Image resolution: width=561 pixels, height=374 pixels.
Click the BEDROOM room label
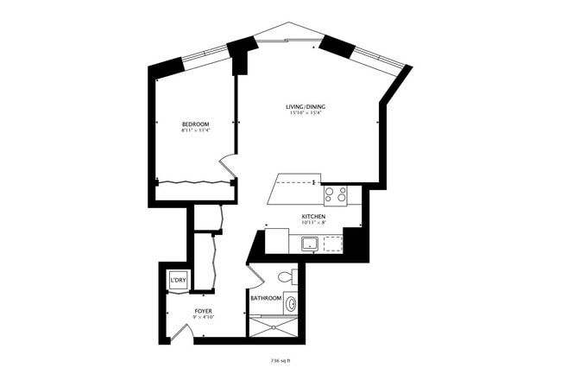tap(195, 124)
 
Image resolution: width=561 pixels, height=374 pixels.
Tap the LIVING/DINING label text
tap(306, 107)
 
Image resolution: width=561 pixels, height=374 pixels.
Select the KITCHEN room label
tap(312, 216)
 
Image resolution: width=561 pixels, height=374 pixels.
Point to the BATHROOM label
tap(266, 299)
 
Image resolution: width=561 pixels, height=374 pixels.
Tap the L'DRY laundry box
tap(179, 281)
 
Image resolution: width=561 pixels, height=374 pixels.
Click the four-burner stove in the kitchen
tap(335, 195)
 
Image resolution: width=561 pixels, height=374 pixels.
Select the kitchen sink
tap(309, 244)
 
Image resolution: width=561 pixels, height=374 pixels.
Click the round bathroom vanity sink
tap(292, 304)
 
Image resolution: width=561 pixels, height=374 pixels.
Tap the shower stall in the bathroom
tap(272, 326)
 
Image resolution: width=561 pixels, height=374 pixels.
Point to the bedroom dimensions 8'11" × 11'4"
tap(195, 131)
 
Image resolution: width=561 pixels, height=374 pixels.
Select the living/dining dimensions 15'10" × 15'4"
tap(306, 113)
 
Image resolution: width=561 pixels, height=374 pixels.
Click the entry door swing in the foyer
tap(180, 332)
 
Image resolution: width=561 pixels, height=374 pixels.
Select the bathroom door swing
tap(255, 278)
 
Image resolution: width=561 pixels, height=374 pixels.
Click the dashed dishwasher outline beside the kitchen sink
tap(331, 244)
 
